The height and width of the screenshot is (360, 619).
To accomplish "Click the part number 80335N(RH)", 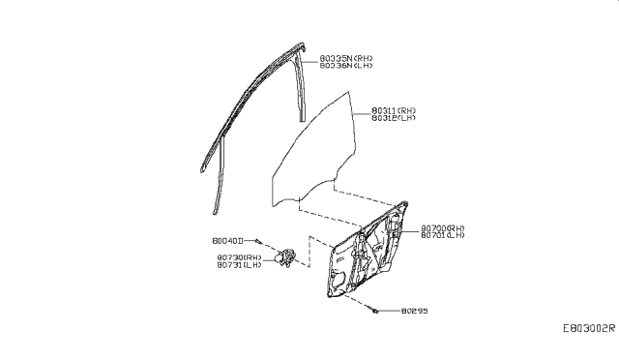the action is tap(345, 58).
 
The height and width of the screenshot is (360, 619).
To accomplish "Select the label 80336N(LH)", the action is tap(345, 66).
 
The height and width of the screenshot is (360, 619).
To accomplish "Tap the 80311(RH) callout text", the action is tap(394, 111).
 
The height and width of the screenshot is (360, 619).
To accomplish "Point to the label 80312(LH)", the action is tap(394, 119).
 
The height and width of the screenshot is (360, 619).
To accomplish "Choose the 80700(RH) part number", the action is tap(444, 228).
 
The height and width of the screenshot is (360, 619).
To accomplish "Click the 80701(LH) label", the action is tap(444, 236).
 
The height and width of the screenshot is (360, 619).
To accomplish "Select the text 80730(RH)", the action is tap(242, 257).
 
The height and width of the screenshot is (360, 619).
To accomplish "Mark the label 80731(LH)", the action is tap(242, 265).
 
